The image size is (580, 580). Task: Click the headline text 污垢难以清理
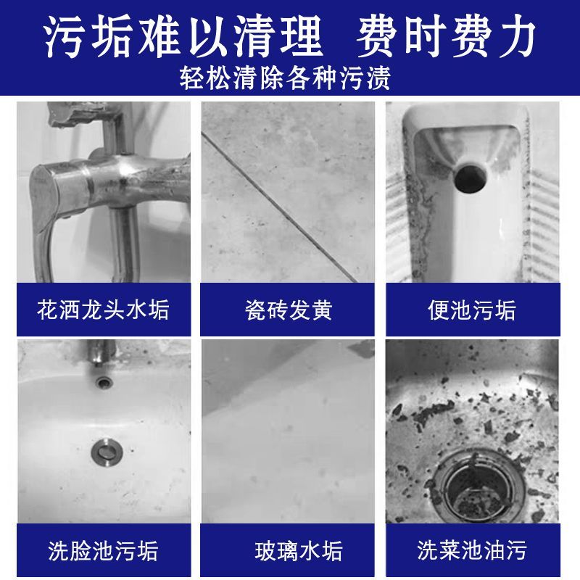(183, 36)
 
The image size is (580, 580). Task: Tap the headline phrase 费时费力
(447, 36)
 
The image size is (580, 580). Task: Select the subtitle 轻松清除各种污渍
(285, 78)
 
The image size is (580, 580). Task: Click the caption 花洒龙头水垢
(103, 310)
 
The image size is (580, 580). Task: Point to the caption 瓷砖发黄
(288, 310)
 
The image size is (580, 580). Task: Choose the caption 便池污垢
(472, 310)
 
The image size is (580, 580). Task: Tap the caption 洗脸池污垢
(103, 550)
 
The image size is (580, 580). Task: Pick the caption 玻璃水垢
(299, 550)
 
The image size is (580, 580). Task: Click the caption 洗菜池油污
(472, 550)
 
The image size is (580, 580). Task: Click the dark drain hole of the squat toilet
(470, 178)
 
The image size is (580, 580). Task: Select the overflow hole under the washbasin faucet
(103, 381)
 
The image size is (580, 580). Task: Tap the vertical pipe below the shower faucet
(125, 244)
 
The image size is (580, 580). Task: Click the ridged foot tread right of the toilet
(542, 225)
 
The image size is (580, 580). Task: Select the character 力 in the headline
(516, 36)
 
